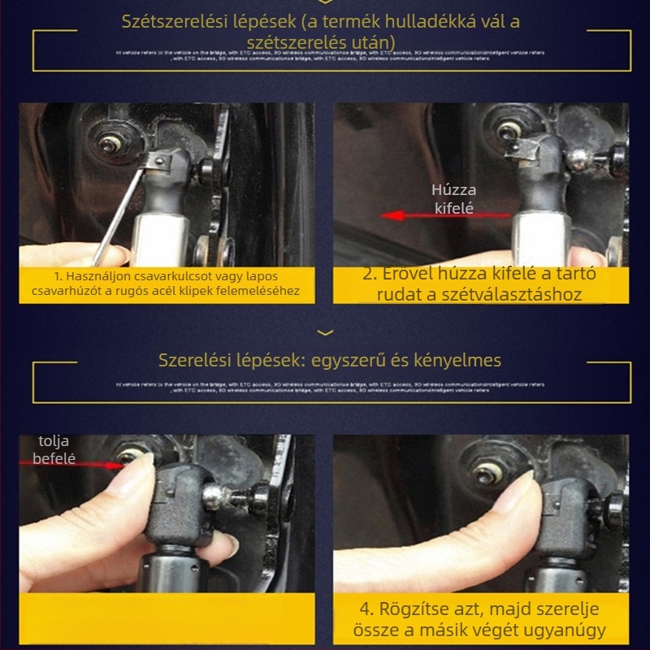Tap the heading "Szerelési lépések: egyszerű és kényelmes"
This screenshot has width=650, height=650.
(330, 360)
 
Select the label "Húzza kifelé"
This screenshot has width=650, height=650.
(454, 199)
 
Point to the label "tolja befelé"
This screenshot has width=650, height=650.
(54, 450)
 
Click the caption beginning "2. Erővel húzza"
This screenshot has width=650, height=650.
(479, 284)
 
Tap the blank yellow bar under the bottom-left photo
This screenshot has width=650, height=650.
(166, 619)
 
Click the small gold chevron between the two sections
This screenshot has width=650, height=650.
(325, 331)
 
